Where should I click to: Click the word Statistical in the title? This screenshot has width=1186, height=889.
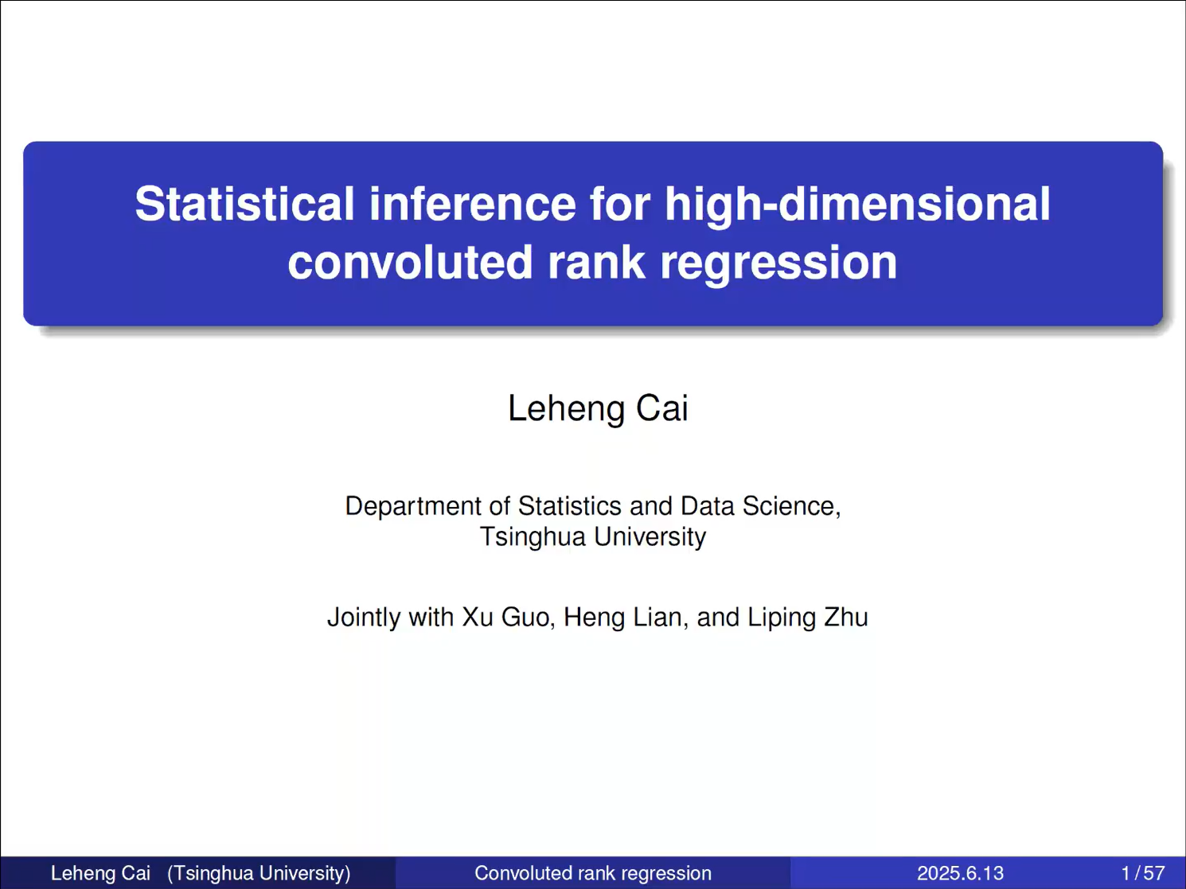[x=244, y=204]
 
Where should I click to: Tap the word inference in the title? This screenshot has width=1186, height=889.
[x=473, y=204]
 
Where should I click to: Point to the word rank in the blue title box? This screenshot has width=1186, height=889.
[x=596, y=262]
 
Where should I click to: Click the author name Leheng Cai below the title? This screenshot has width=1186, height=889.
[x=598, y=409]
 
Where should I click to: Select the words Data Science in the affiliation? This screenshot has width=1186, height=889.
[x=760, y=507]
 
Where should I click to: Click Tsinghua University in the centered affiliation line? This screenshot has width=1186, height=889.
[x=593, y=537]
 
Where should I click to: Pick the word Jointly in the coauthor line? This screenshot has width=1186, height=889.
[x=364, y=618]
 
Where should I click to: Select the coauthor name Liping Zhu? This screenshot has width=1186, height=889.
[x=808, y=618]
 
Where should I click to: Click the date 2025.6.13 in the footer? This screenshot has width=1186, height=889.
[x=960, y=873]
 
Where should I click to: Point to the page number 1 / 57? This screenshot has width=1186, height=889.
[x=1143, y=873]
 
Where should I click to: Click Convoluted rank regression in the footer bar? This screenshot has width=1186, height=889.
[x=593, y=873]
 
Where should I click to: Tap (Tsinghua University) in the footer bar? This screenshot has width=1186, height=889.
[x=259, y=874]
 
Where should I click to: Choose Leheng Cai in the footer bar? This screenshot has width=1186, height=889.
[x=100, y=874]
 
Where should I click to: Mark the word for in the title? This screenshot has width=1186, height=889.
[x=620, y=204]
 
